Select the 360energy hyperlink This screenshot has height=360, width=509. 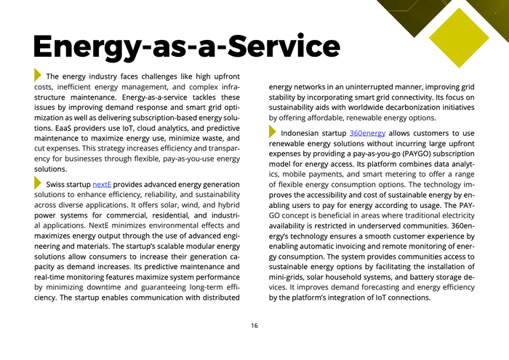(367, 134)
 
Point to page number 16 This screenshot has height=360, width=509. (254, 325)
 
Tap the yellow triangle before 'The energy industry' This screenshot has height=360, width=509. (38, 75)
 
